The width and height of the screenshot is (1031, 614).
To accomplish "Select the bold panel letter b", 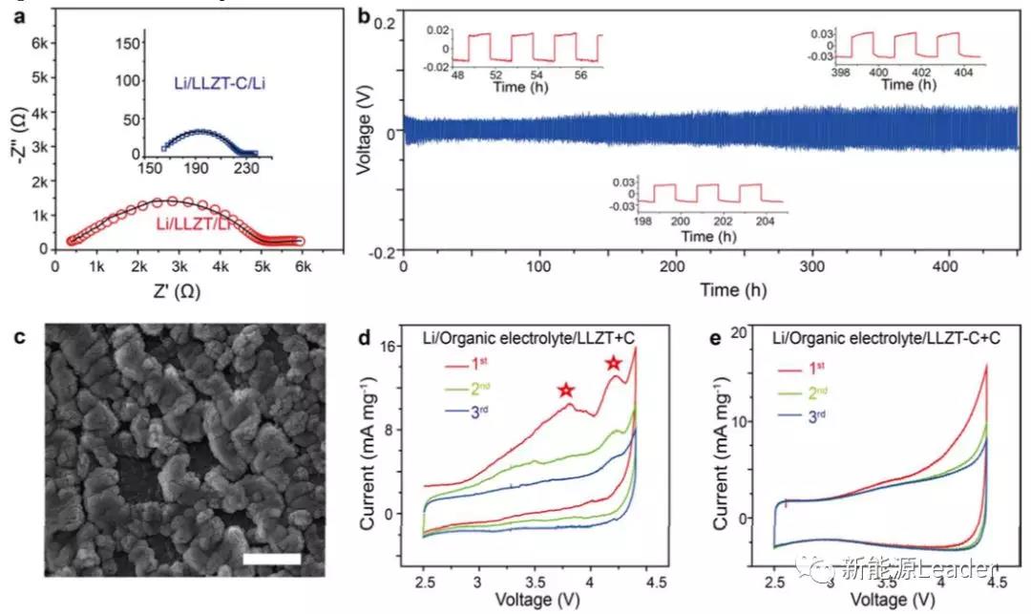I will pos(363,14).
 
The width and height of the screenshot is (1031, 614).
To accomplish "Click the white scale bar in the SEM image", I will pos(272,558).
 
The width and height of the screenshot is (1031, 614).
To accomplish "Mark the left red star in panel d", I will pos(566,390).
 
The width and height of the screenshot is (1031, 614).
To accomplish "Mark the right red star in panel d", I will pos(613,362).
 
